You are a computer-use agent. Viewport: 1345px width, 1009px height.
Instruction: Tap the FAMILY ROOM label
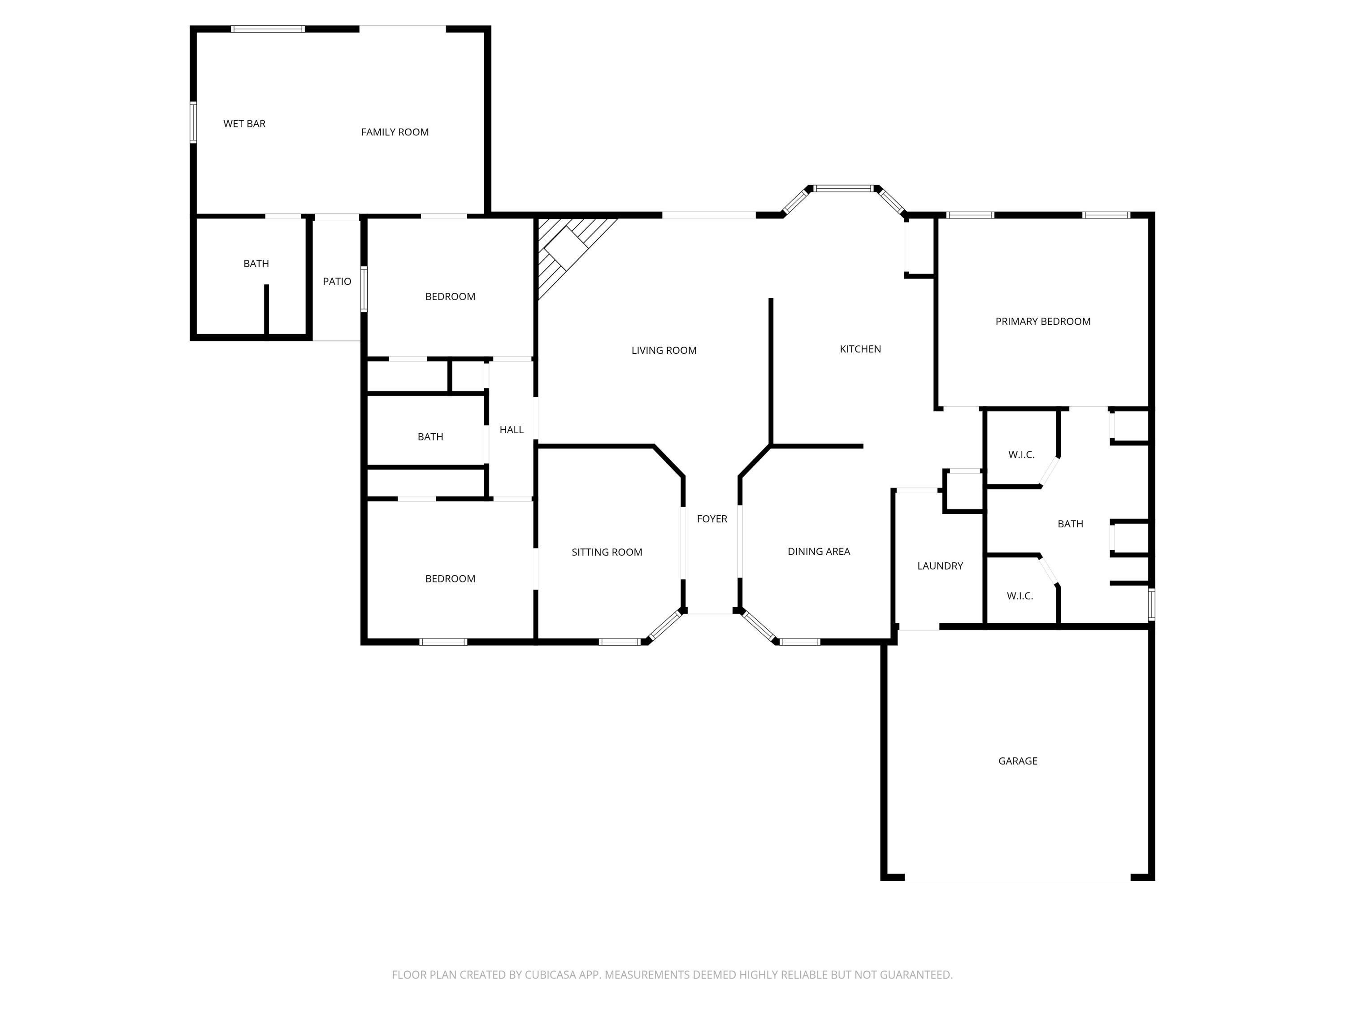(395, 132)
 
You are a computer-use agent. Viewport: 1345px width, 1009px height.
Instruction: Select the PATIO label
(337, 282)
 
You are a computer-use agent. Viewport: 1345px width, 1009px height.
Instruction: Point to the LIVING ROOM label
(664, 350)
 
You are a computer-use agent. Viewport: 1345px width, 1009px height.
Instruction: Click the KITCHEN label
(860, 349)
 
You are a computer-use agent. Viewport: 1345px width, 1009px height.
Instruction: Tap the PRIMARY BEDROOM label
(1042, 322)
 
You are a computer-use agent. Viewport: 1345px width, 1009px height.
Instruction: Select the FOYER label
(712, 519)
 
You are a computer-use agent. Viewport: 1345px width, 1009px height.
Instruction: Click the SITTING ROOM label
(606, 552)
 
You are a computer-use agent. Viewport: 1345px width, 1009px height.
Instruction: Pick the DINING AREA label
(818, 552)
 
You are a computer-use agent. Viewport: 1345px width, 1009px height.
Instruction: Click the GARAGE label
(1017, 761)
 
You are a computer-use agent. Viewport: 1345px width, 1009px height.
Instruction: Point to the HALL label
(512, 430)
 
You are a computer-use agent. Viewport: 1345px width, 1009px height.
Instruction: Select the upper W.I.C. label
(1021, 455)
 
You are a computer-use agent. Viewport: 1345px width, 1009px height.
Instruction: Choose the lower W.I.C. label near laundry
(1020, 596)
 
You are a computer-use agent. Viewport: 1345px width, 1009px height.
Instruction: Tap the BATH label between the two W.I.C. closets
(1070, 524)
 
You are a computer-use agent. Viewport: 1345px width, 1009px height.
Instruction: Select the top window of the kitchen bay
(843, 188)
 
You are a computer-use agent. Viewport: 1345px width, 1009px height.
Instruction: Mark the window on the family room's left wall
(193, 122)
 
